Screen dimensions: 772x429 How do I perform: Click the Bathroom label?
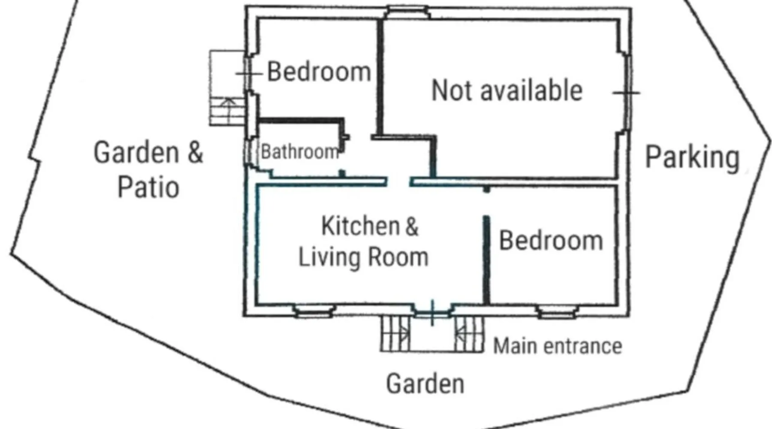pyautogui.click(x=300, y=152)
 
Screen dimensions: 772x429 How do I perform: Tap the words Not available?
pyautogui.click(x=507, y=91)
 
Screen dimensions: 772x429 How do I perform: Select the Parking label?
pyautogui.click(x=693, y=158)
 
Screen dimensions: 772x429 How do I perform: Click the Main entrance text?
pyautogui.click(x=558, y=346)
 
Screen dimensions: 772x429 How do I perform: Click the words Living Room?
pyautogui.click(x=363, y=257)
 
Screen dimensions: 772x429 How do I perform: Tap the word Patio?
pyautogui.click(x=148, y=187)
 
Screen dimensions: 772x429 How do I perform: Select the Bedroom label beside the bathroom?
pyautogui.click(x=319, y=72)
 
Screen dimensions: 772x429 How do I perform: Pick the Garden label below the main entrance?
pyautogui.click(x=425, y=384)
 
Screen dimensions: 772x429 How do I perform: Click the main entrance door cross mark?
pyautogui.click(x=432, y=313)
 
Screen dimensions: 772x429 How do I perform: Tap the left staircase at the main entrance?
pyautogui.click(x=395, y=334)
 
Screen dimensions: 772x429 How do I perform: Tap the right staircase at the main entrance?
pyautogui.click(x=469, y=334)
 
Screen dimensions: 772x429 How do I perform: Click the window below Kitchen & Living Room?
pyautogui.click(x=314, y=311)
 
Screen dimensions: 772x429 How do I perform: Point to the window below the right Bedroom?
pyautogui.click(x=557, y=311)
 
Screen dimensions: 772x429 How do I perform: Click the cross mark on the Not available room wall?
pyautogui.click(x=626, y=93)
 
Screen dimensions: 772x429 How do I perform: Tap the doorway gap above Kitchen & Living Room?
pyautogui.click(x=398, y=181)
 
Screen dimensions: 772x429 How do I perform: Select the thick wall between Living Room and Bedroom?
pyautogui.click(x=486, y=260)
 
